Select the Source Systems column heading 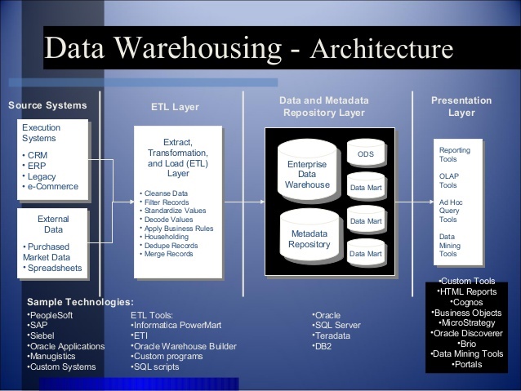47,105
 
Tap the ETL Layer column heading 175,107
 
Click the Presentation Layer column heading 461,106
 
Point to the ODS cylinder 365,154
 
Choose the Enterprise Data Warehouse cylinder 307,175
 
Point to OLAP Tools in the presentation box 449,180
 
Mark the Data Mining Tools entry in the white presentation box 448,245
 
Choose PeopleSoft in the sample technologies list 54,314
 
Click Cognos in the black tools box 466,301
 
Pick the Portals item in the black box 466,364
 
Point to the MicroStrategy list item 466,322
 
